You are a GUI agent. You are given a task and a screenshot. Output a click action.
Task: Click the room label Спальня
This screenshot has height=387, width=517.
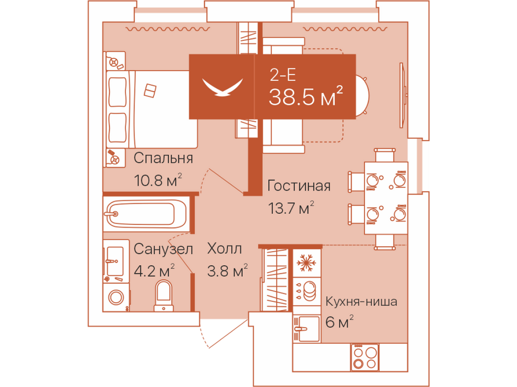[x=163, y=158]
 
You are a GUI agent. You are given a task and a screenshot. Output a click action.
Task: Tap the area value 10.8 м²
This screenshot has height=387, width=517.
[x=158, y=180]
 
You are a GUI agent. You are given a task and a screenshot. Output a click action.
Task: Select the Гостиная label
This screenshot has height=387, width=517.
[x=299, y=186]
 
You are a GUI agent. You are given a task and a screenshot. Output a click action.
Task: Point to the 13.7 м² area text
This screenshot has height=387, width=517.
[x=291, y=208]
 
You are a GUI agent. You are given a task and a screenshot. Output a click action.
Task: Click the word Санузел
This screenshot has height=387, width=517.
[x=163, y=249]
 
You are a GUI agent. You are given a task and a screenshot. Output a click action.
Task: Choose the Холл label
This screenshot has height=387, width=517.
[x=224, y=249]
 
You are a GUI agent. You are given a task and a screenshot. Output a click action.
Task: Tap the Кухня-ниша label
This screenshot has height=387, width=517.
[x=361, y=301]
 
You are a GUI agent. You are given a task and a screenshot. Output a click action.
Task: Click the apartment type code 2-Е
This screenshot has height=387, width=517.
[x=283, y=75]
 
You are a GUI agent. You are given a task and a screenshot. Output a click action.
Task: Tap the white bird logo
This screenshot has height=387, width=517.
[x=222, y=87]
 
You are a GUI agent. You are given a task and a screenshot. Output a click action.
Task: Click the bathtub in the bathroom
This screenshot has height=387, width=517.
[x=147, y=214]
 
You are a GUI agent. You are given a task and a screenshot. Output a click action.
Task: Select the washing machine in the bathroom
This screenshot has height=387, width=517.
[x=116, y=298]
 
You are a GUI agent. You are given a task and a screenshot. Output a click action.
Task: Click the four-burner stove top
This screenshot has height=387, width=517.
[x=364, y=358]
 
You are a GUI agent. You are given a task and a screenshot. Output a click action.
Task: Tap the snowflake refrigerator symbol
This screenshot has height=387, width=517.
[x=306, y=263]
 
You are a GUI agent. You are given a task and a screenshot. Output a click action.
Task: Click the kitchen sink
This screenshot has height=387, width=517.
[x=307, y=328]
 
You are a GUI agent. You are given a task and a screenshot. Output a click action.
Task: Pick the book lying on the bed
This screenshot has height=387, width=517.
[x=150, y=90]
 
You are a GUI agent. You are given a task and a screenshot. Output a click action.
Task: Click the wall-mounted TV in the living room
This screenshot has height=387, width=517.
[x=403, y=95]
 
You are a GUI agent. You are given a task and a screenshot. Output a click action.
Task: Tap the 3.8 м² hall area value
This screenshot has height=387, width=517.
[x=227, y=271]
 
